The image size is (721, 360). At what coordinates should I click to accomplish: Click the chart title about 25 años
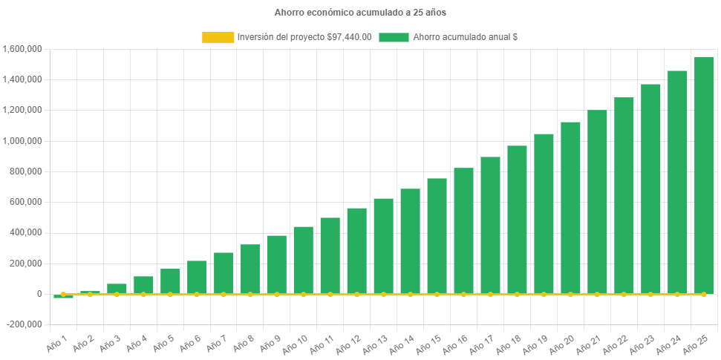click(x=360, y=13)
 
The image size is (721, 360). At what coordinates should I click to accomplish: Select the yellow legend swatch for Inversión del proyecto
click(x=218, y=37)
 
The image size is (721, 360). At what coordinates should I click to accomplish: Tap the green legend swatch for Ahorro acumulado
click(x=394, y=37)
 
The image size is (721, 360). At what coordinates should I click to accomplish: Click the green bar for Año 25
click(x=703, y=175)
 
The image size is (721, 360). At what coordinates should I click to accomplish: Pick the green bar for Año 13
click(x=383, y=246)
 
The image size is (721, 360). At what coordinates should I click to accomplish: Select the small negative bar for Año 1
click(x=63, y=296)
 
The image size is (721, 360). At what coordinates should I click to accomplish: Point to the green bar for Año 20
click(x=570, y=208)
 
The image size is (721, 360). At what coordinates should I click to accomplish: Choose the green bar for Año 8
click(x=250, y=269)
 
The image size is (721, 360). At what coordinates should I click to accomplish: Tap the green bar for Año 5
click(x=170, y=281)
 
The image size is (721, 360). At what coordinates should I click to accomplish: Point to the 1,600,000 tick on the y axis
click(x=22, y=49)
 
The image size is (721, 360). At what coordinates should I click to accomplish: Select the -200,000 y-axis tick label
click(x=24, y=324)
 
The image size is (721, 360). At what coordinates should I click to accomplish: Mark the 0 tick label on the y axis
click(x=39, y=294)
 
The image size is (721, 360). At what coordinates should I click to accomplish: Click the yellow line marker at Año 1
click(x=63, y=294)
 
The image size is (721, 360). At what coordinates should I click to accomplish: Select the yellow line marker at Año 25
click(x=703, y=294)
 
